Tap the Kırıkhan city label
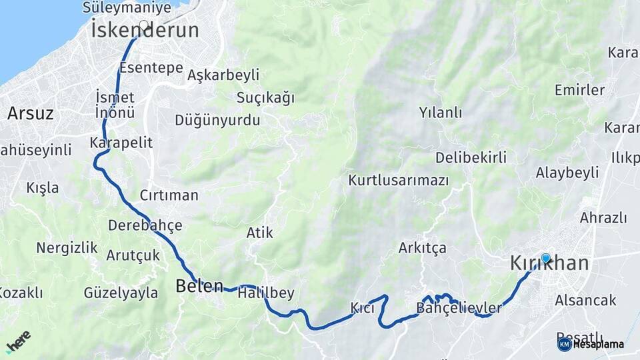(x=549, y=263)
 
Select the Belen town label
(x=199, y=286)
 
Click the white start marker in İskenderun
(x=143, y=25)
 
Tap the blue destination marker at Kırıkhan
(x=546, y=258)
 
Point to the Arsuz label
(x=30, y=113)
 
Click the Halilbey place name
(x=265, y=293)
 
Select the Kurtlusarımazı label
(x=399, y=181)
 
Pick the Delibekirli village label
(x=471, y=157)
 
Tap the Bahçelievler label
(x=459, y=308)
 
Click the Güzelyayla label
(x=121, y=293)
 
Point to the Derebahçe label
(x=145, y=225)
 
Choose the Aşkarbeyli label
(x=223, y=75)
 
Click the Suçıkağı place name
(x=265, y=98)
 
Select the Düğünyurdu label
(x=217, y=121)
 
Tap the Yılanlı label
(x=441, y=112)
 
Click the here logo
(x=18, y=341)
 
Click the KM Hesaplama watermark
(x=591, y=344)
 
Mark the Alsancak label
(x=585, y=301)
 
